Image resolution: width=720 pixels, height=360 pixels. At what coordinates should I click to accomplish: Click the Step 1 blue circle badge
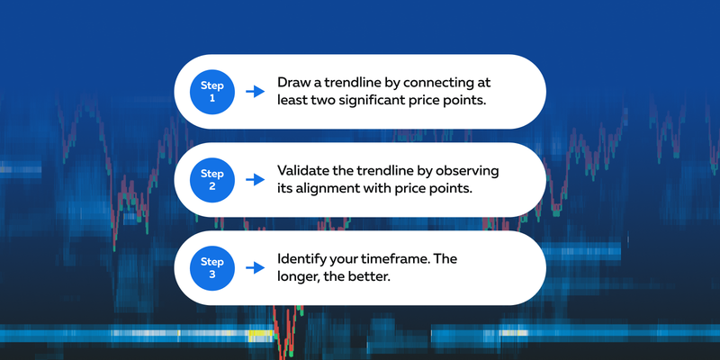tap(212, 91)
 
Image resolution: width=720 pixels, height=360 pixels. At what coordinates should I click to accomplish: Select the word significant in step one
tap(374, 101)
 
